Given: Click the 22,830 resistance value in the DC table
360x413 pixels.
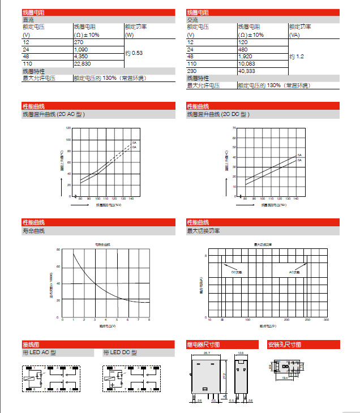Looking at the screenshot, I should (83, 63).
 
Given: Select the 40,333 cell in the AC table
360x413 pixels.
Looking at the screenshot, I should (247, 71).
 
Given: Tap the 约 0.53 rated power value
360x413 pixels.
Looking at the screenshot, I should (134, 53).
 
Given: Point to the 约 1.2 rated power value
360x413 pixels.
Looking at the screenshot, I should (297, 57).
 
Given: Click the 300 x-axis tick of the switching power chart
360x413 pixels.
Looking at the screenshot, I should (325, 320).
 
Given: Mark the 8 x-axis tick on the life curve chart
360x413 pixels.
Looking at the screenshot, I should (149, 320).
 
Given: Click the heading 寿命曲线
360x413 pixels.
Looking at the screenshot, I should (33, 231).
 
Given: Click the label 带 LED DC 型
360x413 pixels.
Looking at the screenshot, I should (120, 353).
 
